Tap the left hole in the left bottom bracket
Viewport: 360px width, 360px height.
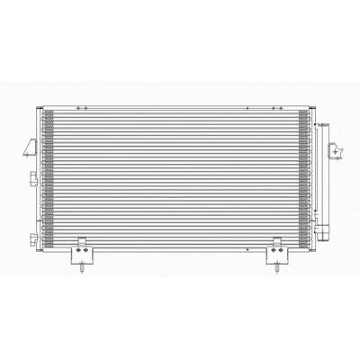point(75,254)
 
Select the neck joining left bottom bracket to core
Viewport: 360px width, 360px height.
point(82,240)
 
